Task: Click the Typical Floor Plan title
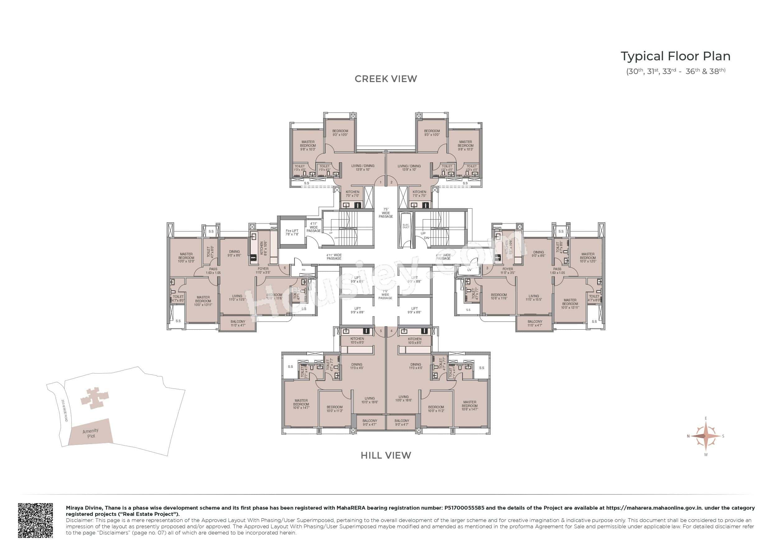click(675, 57)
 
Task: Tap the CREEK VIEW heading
click(386, 79)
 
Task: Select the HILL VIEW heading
click(386, 455)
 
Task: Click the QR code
click(35, 520)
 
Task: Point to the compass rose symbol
click(705, 436)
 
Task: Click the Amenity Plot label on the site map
click(91, 433)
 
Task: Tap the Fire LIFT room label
click(292, 232)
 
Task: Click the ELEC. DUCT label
click(406, 226)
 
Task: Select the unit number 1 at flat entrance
click(381, 182)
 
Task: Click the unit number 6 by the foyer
click(285, 268)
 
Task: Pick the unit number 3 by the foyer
click(487, 268)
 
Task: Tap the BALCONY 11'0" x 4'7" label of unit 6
click(238, 323)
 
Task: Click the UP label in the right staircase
click(423, 233)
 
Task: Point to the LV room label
click(469, 270)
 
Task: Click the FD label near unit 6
click(303, 270)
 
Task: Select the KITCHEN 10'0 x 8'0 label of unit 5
click(357, 340)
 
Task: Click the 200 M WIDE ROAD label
click(65, 411)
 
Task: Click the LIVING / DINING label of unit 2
click(409, 167)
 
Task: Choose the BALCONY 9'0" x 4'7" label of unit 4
click(402, 422)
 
